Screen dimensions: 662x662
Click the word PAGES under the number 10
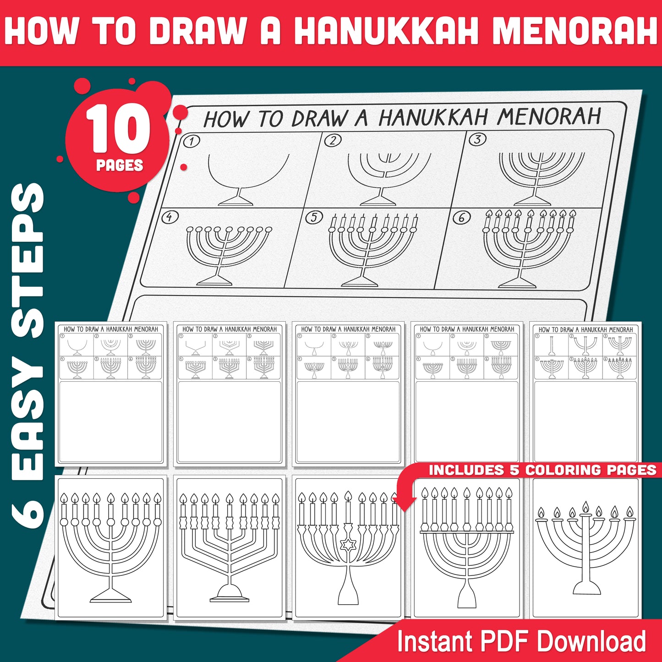120,165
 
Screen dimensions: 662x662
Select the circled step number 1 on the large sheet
191,142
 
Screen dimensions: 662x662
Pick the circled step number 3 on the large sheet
477,139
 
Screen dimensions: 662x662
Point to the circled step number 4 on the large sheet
170,217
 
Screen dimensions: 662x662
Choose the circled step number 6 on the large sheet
461,218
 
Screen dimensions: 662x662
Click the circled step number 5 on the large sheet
314,217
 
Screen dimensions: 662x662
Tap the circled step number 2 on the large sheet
333,140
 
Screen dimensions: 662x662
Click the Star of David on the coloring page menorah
348,545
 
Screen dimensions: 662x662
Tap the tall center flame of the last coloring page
585,507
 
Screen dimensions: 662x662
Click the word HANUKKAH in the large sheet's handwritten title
433,117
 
